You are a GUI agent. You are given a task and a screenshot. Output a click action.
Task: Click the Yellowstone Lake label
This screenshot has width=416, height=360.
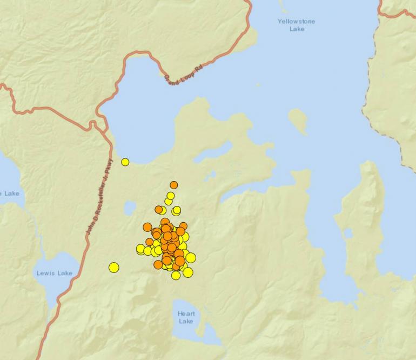[x=296, y=25]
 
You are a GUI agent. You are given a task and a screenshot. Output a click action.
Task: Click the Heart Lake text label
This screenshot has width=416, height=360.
[x=186, y=317]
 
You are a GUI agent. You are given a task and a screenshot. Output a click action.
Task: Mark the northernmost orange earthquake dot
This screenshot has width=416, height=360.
[x=173, y=185]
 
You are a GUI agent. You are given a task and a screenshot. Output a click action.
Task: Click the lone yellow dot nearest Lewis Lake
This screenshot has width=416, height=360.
[x=113, y=267]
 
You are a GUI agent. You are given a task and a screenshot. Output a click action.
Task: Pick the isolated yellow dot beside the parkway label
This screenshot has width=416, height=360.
[x=125, y=162]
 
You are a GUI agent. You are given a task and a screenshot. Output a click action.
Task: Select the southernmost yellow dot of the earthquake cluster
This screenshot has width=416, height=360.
[x=176, y=275]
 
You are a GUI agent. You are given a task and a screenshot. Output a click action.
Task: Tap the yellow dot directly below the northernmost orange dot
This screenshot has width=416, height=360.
[x=171, y=196]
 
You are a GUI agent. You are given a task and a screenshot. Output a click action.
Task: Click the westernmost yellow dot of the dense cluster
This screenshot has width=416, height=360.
[x=140, y=249]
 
